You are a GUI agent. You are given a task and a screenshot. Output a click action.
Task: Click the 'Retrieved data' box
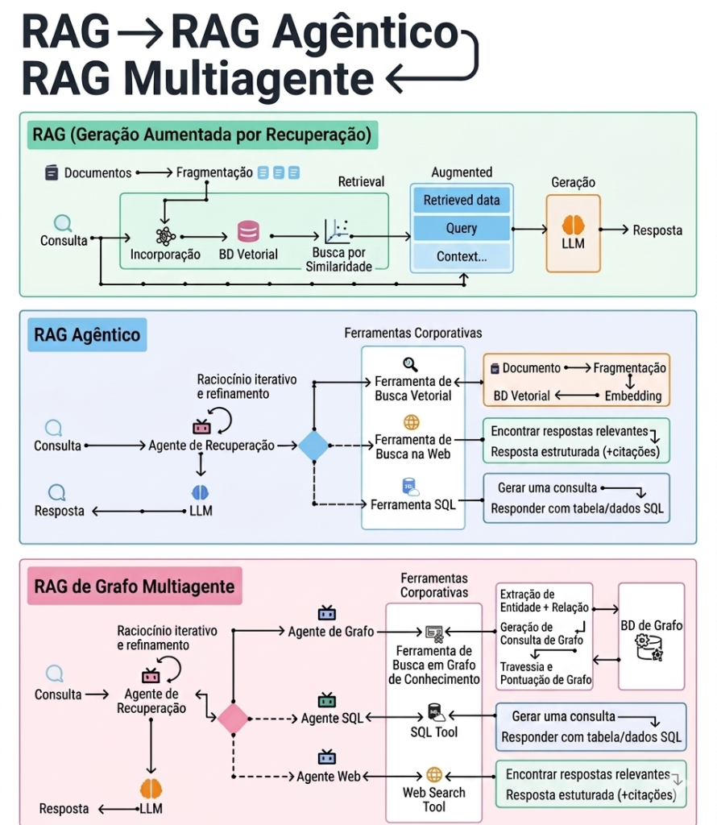click(x=462, y=200)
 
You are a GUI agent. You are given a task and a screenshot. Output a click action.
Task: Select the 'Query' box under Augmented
click(x=462, y=228)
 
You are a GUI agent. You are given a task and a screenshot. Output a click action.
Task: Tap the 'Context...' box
click(x=462, y=256)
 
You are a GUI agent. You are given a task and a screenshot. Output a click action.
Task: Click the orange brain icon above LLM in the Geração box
click(x=573, y=226)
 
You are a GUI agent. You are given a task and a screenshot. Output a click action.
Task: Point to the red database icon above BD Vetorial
click(x=248, y=231)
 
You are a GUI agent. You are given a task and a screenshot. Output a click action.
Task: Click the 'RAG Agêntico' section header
click(x=87, y=334)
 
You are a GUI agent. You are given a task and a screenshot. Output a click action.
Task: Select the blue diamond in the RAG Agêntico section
click(x=314, y=446)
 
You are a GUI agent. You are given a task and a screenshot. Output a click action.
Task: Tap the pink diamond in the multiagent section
click(x=233, y=719)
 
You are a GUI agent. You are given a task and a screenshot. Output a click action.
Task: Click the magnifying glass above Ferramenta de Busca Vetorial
click(x=410, y=364)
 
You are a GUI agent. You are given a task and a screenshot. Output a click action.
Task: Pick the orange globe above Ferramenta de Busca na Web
click(x=412, y=422)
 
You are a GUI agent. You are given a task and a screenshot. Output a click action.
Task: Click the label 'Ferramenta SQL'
click(x=413, y=504)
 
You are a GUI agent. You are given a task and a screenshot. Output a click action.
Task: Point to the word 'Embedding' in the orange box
click(x=633, y=396)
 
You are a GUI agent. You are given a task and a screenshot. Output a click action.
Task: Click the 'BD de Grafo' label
click(x=651, y=625)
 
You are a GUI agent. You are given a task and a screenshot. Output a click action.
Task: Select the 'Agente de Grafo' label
click(x=331, y=632)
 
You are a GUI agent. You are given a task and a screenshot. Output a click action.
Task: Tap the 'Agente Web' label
click(x=329, y=777)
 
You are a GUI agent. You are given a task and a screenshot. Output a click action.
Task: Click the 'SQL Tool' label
click(x=434, y=732)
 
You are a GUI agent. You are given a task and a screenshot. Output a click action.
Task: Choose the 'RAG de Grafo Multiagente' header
click(x=135, y=587)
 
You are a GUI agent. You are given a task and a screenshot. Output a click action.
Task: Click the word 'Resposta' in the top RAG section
click(x=657, y=230)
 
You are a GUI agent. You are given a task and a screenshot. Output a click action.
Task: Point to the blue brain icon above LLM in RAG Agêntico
click(x=200, y=492)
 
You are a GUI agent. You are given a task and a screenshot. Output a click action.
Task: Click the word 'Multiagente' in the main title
click(x=248, y=79)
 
